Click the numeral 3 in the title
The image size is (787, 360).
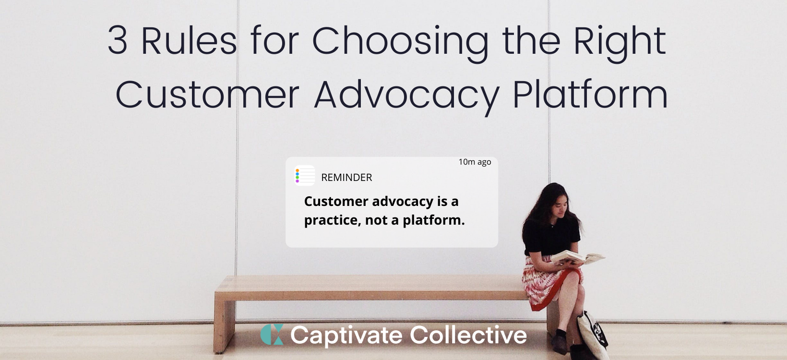click(118, 41)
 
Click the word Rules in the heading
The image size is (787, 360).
click(189, 40)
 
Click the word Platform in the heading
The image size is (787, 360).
click(590, 94)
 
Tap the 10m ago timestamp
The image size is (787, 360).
click(475, 162)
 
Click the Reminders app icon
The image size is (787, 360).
click(305, 175)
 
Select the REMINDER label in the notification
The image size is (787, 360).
click(346, 178)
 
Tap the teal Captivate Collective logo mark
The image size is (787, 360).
click(272, 335)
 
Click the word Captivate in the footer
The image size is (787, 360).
click(346, 336)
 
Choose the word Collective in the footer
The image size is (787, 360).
click(468, 335)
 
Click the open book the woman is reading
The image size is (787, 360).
click(577, 257)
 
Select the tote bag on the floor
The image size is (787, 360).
click(592, 335)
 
